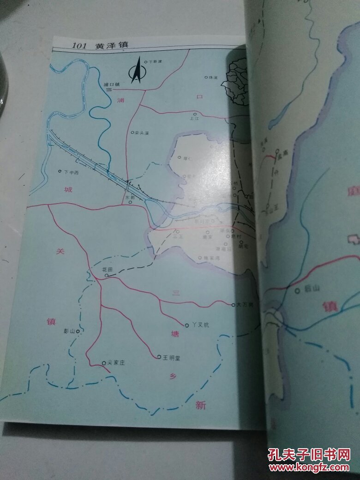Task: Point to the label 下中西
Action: point(72,172)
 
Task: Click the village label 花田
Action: point(107,269)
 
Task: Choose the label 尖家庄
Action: point(116,363)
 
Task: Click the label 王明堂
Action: point(172,357)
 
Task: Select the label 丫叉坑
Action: point(200,325)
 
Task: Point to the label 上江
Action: point(194,118)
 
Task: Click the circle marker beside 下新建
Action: point(145,62)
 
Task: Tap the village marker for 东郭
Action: point(131,202)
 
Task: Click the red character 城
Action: point(68,189)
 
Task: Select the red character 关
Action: point(59,252)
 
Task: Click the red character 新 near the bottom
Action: point(200,405)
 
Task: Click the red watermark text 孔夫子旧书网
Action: point(309,455)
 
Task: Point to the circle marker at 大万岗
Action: point(233,304)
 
